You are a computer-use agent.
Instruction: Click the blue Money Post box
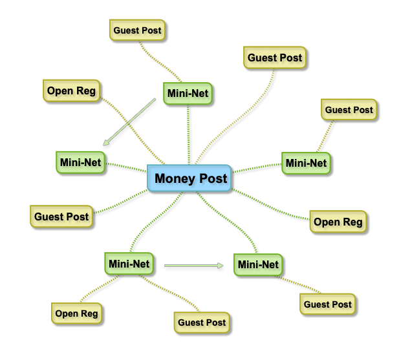coord(190,178)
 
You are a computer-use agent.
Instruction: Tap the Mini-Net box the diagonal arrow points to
coord(80,162)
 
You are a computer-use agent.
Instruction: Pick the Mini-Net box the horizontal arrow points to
coord(257,264)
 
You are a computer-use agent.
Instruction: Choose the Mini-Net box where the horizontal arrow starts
coord(129,264)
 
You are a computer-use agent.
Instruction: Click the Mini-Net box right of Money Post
coord(305,163)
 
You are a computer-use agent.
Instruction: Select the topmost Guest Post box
coord(137,30)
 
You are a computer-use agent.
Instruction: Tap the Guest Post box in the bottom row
coord(201,322)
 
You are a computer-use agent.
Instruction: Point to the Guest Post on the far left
coord(61,217)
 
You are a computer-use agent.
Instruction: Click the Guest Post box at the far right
coord(349,110)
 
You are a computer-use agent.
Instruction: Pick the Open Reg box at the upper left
coord(70,91)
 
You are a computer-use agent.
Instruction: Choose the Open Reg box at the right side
coord(338,222)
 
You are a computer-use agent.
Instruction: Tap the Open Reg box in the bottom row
coord(76,313)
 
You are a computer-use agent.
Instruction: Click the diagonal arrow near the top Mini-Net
coord(130,122)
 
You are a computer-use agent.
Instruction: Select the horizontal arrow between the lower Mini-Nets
coord(194,265)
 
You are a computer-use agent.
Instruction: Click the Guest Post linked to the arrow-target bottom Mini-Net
coord(328,304)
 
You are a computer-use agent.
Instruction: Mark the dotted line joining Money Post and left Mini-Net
coord(125,167)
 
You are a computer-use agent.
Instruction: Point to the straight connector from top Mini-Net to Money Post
coord(189,132)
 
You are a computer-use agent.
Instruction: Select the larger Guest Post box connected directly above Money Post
coord(274,58)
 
